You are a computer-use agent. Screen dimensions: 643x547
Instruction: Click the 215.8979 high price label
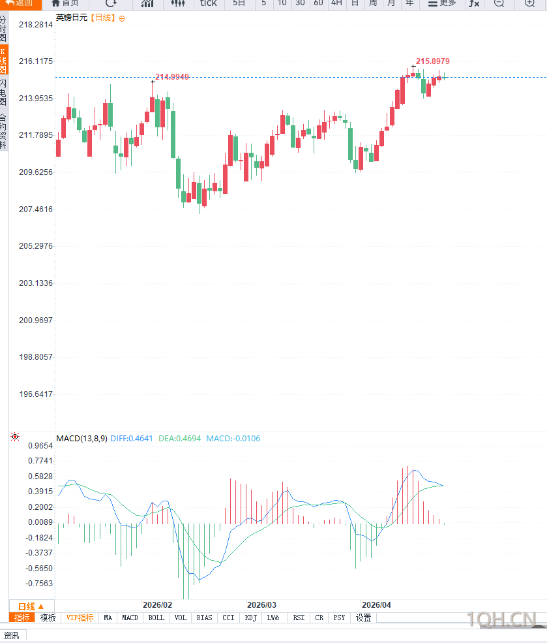[432, 61]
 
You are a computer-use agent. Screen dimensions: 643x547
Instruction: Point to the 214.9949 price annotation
[172, 77]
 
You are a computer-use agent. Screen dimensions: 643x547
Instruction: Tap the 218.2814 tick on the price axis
[36, 25]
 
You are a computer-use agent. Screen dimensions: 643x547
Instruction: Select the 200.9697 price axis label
[36, 321]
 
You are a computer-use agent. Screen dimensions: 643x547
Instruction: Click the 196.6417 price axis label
[36, 394]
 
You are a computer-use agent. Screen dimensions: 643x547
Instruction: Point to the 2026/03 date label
[261, 604]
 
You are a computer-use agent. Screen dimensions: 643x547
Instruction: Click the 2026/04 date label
[376, 604]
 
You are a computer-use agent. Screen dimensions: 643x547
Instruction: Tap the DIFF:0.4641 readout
[132, 439]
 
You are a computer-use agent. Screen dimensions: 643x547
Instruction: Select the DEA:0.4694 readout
[179, 439]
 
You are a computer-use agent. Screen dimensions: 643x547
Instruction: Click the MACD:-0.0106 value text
[233, 439]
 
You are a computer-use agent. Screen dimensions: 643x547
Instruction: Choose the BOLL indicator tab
[156, 618]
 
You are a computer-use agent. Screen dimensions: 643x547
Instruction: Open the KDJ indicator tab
[251, 618]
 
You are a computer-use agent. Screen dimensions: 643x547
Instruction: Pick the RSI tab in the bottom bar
[299, 618]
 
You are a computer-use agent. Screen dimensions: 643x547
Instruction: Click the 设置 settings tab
[363, 618]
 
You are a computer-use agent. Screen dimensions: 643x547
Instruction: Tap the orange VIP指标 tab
[80, 618]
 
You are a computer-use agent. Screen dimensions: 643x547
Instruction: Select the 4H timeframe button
[336, 3]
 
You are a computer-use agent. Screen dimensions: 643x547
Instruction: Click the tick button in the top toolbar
[208, 3]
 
